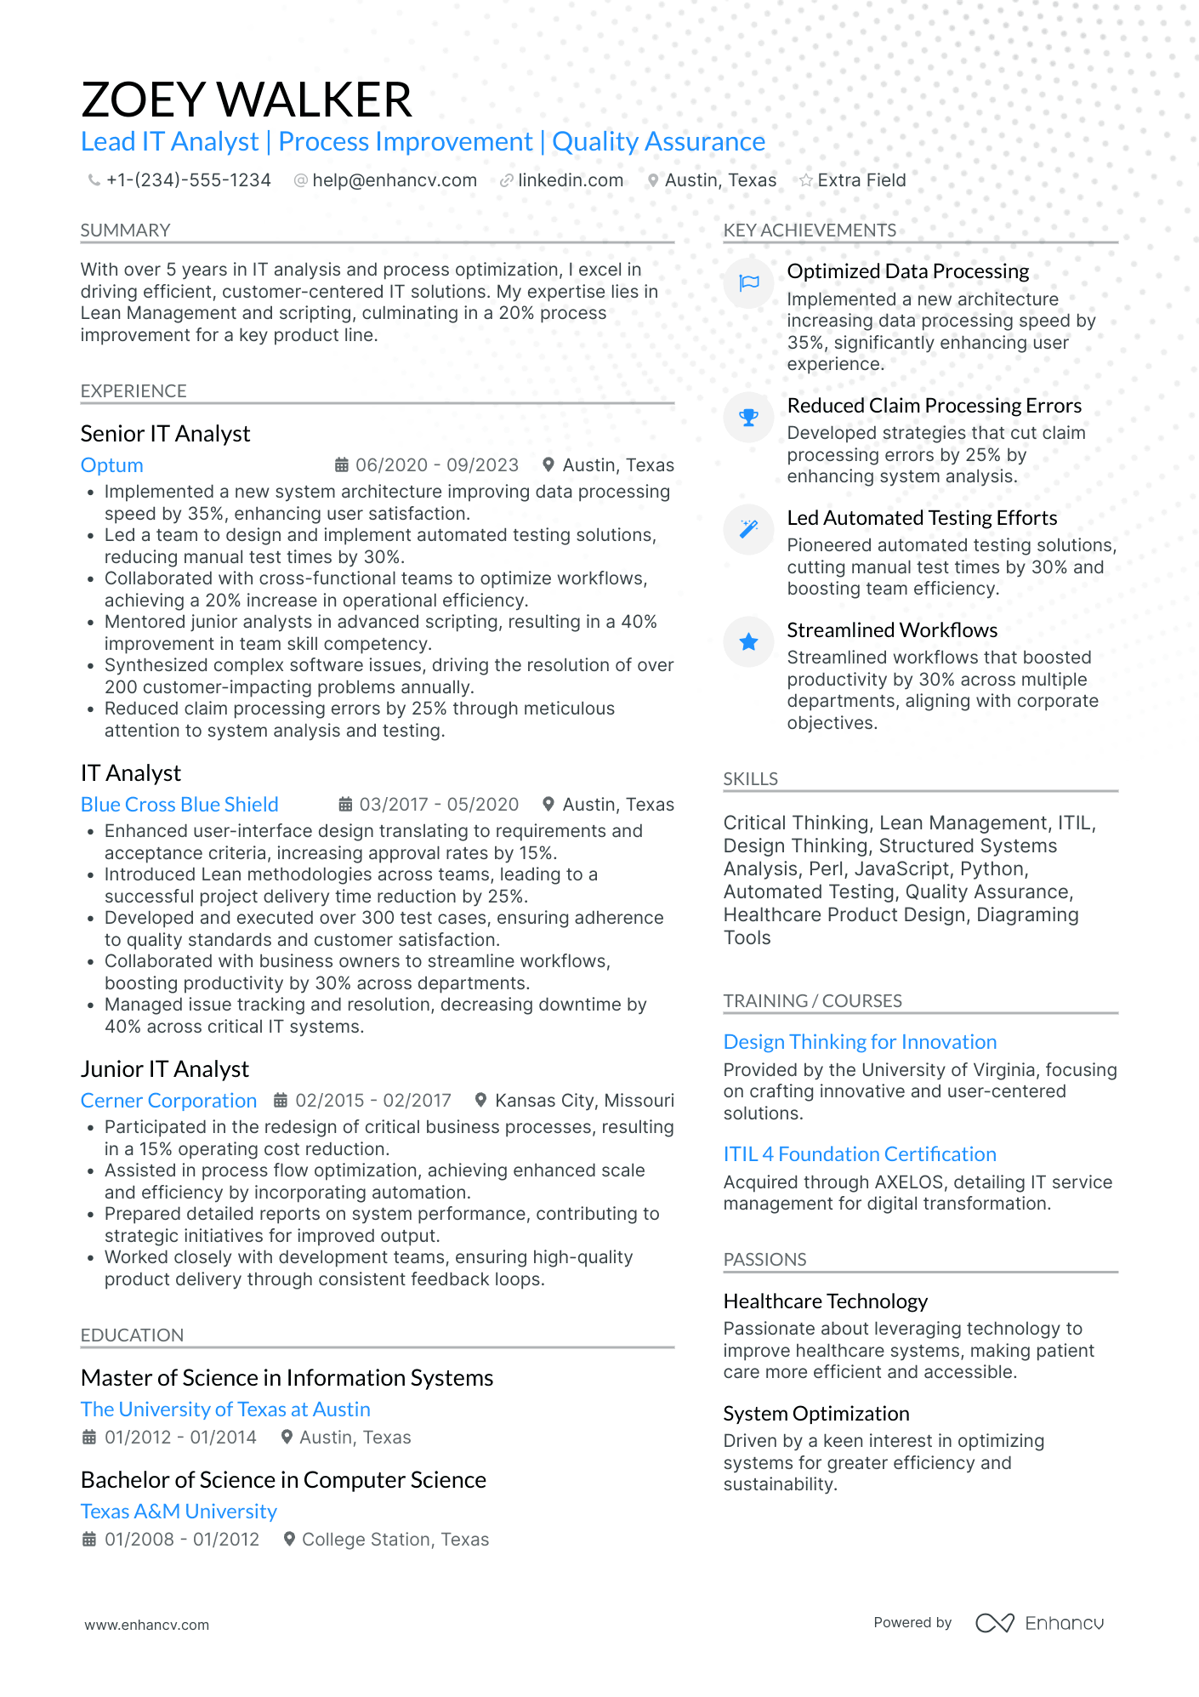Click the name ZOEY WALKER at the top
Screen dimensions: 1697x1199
pos(247,100)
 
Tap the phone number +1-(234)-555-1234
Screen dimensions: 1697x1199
pos(188,180)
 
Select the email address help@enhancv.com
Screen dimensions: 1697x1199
pos(394,180)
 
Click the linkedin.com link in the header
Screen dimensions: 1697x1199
pos(570,180)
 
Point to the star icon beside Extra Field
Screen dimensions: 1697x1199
pos(805,180)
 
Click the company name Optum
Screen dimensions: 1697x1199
pos(111,465)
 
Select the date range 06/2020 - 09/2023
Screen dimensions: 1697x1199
pos(436,465)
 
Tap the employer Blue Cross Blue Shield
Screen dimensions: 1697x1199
pos(179,805)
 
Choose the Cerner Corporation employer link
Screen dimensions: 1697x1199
pos(168,1101)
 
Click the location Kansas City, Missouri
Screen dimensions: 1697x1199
pos(584,1101)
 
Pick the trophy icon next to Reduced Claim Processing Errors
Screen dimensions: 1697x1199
pos(748,418)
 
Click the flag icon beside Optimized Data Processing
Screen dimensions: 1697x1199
pos(748,283)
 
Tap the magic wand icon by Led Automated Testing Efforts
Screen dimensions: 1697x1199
pos(748,529)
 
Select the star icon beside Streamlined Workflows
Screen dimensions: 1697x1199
pos(748,642)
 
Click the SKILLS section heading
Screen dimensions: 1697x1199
pos(750,779)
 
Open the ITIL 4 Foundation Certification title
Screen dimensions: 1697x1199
pos(860,1154)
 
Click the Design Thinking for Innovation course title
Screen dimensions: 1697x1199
pos(860,1042)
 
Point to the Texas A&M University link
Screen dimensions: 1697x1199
pos(179,1512)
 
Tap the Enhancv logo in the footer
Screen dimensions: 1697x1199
pos(1039,1623)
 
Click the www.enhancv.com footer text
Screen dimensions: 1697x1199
pos(146,1625)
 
